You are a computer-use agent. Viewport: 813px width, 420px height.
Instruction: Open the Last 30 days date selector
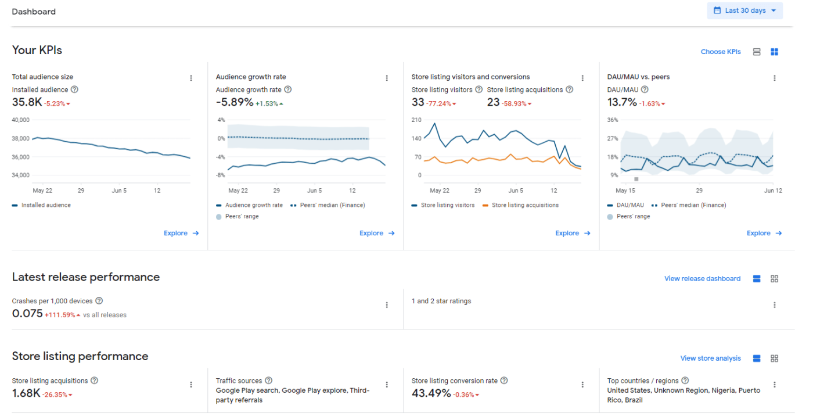744,10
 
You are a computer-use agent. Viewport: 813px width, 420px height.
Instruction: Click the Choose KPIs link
721,52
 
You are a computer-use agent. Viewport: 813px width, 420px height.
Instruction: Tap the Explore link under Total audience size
181,233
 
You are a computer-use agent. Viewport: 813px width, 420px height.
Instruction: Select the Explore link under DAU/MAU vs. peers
764,233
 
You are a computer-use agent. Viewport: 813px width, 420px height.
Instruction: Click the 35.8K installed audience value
27,102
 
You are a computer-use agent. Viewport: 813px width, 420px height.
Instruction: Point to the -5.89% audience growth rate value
235,102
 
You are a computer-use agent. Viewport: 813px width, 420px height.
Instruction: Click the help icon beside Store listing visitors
479,89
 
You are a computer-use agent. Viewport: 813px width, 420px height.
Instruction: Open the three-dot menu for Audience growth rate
387,78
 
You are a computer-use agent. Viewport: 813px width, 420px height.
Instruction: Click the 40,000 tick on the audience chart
20,120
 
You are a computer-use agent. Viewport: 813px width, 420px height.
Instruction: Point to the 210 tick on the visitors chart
416,120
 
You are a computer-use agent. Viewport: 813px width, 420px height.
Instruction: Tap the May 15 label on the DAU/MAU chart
625,191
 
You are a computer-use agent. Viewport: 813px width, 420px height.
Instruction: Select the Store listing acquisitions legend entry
520,205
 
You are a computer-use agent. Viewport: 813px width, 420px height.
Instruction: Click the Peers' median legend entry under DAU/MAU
689,205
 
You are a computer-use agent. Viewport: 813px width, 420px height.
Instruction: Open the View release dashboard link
702,279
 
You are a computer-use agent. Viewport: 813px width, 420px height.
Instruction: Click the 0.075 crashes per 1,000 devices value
27,314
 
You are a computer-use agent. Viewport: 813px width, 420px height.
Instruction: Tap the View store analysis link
710,358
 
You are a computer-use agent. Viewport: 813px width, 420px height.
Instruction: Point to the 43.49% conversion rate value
431,393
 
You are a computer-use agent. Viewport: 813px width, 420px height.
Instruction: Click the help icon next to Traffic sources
269,380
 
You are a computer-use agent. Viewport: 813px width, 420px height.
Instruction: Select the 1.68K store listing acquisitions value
26,393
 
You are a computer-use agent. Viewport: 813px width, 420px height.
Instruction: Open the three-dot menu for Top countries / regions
774,385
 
